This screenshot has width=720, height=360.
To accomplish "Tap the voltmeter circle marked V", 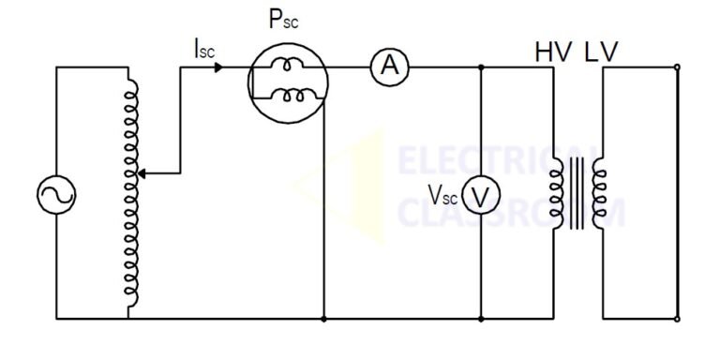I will (479, 194).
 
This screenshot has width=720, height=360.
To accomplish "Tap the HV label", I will (552, 52).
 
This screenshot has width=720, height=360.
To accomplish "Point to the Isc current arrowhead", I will (218, 67).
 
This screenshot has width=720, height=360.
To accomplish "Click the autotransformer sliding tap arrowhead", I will (142, 172).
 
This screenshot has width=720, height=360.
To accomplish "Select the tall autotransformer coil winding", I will (133, 192).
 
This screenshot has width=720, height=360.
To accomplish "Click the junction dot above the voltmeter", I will (480, 67).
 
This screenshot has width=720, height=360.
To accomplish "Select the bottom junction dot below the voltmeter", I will (480, 319).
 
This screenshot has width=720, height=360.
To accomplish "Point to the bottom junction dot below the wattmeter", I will (323, 319).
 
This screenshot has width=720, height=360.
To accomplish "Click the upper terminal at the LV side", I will (677, 67).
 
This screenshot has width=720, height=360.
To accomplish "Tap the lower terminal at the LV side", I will (677, 319).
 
